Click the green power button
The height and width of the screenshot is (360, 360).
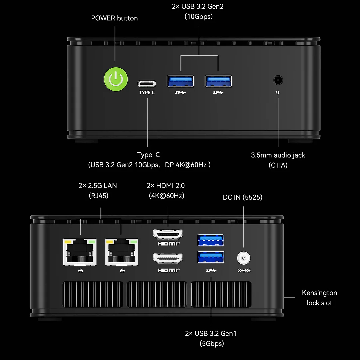(x=115, y=79)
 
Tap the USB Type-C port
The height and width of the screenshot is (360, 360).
(x=147, y=83)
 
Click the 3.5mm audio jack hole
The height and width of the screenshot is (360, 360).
(x=278, y=80)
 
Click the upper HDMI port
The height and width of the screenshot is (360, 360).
(x=168, y=234)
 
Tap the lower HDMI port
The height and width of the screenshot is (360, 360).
(x=168, y=258)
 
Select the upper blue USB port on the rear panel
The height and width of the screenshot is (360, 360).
(x=211, y=240)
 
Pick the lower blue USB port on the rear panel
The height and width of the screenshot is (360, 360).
(x=211, y=257)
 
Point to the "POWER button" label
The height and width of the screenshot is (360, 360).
(x=114, y=18)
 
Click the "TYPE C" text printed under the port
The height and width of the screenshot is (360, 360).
(x=147, y=93)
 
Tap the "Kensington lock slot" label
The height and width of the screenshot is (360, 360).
(x=319, y=298)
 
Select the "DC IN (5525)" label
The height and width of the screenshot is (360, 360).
(x=243, y=197)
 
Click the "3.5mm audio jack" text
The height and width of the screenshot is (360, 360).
(x=278, y=155)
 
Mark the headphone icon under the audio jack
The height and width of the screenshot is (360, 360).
(x=278, y=93)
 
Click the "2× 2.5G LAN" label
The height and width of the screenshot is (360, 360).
(x=98, y=186)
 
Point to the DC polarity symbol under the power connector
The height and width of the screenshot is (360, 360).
(x=244, y=270)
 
